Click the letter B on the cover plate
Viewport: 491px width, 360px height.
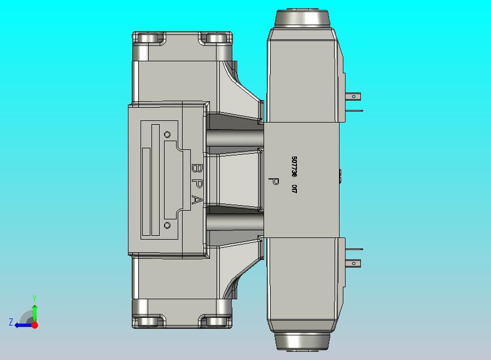(197, 168)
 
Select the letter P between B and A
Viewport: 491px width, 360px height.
(197, 184)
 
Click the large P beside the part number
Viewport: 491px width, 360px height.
(274, 182)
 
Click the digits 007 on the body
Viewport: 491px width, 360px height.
(294, 189)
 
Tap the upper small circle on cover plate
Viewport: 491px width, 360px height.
(167, 135)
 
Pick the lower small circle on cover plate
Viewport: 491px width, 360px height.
(167, 224)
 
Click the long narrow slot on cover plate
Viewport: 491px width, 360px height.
(146, 190)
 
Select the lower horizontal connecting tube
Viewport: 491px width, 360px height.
(235, 222)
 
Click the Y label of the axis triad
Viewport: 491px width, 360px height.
(34, 298)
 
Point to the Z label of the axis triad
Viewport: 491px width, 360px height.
(11, 322)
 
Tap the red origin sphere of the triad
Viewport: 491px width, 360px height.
(34, 325)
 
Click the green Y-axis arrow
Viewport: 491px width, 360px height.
(34, 312)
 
